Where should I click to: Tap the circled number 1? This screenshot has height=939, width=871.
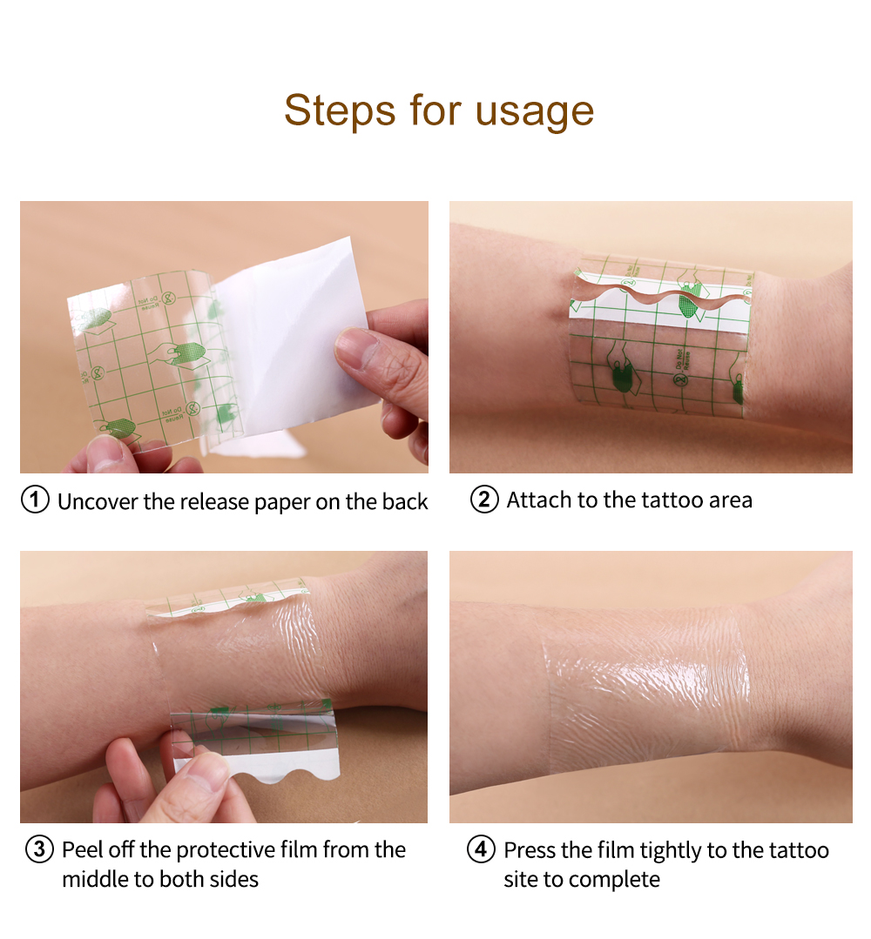(35, 500)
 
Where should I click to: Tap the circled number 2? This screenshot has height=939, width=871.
(484, 500)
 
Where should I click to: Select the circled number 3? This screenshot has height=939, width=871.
(40, 849)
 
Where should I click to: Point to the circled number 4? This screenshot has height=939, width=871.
(482, 849)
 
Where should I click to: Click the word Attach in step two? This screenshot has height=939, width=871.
(536, 500)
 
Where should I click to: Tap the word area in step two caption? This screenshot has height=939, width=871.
(727, 500)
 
